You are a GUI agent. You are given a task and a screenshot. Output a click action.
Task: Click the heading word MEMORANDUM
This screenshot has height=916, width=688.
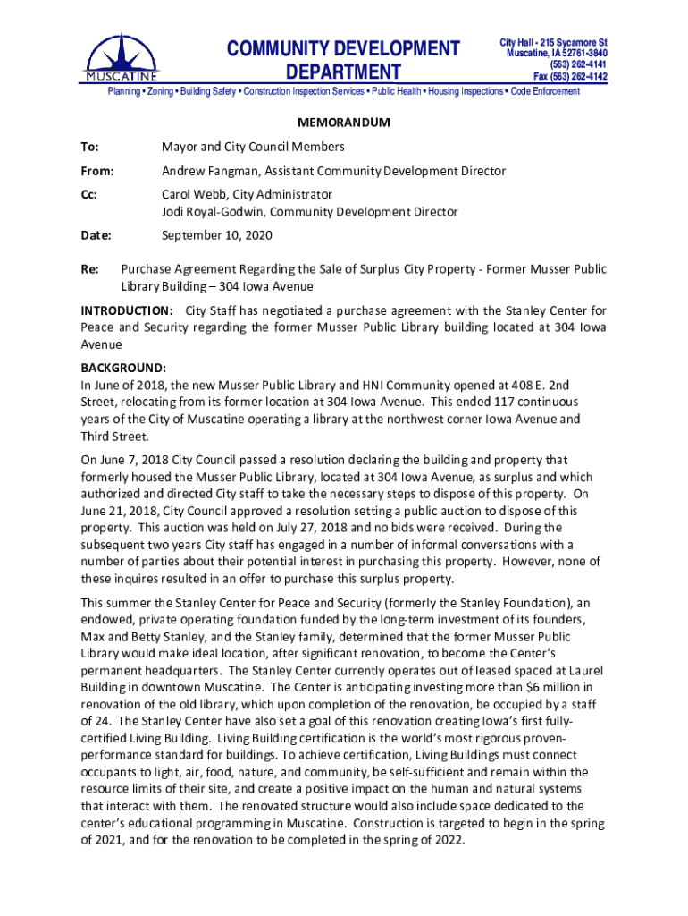[x=344, y=122]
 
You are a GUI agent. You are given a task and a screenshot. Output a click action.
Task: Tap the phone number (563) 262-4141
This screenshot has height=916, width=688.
[x=578, y=64]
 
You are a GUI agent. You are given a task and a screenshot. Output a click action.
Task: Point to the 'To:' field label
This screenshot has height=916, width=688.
[x=90, y=147]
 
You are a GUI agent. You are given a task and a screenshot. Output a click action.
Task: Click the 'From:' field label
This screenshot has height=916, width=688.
[x=97, y=171]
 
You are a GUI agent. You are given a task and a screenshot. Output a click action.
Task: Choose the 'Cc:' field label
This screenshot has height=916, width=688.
[x=90, y=194]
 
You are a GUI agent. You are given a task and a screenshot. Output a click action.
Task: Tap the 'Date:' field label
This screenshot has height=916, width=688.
[x=96, y=236]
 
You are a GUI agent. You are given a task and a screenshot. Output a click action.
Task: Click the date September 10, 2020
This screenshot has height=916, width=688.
[x=216, y=236]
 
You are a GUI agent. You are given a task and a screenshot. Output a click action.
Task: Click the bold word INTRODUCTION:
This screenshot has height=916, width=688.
[x=127, y=310]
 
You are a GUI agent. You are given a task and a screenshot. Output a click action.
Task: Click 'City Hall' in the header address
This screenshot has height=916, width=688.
[x=519, y=42]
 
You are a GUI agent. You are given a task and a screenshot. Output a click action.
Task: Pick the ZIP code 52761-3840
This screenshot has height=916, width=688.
[x=579, y=53]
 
